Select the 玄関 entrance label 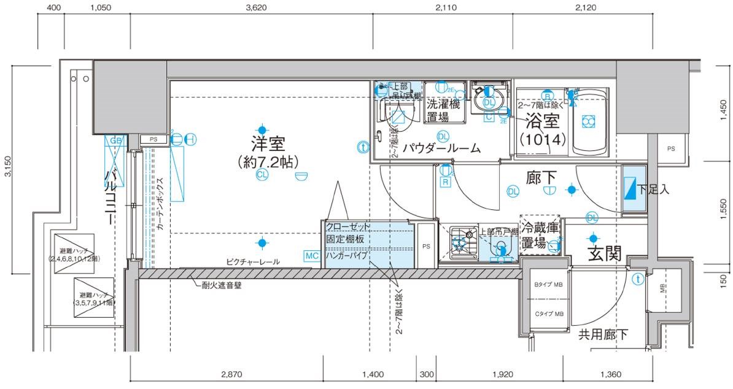tap(605, 253)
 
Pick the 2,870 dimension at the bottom tap(227, 374)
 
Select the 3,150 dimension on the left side tap(7, 167)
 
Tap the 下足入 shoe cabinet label tap(653, 190)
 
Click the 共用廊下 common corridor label tap(603, 334)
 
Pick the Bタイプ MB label tap(548, 285)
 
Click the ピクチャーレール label tap(252, 262)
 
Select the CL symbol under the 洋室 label tap(262, 175)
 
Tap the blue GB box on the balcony tap(115, 141)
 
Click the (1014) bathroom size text tap(542, 139)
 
